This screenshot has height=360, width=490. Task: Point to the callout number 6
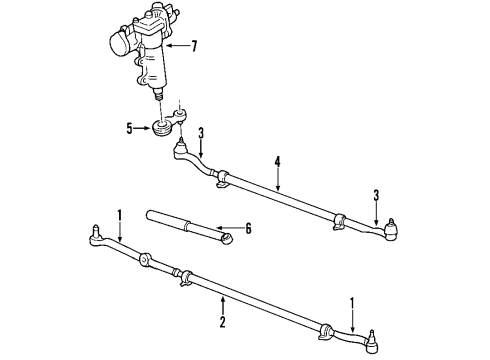249,229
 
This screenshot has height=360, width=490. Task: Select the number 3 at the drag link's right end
376,196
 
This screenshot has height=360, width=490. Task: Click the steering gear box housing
150,60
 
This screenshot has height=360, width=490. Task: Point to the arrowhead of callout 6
233,231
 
